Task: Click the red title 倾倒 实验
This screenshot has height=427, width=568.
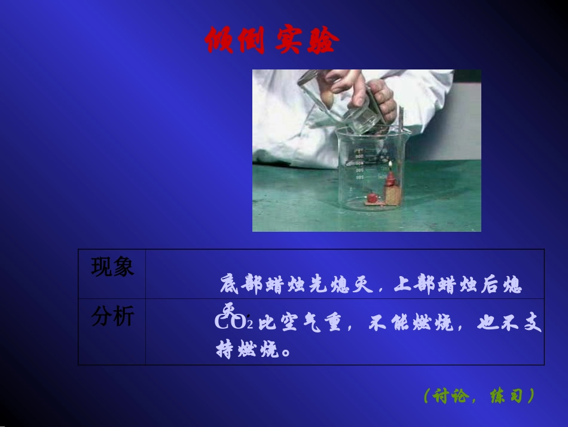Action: click(272, 41)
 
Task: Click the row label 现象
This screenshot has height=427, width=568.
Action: click(112, 267)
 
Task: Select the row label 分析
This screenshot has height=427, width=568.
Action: click(112, 317)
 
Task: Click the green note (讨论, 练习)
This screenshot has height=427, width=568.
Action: click(478, 396)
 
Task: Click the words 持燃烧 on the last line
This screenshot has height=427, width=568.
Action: click(248, 349)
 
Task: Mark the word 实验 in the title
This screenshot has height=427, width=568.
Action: click(307, 41)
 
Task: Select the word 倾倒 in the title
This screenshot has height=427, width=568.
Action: click(234, 41)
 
